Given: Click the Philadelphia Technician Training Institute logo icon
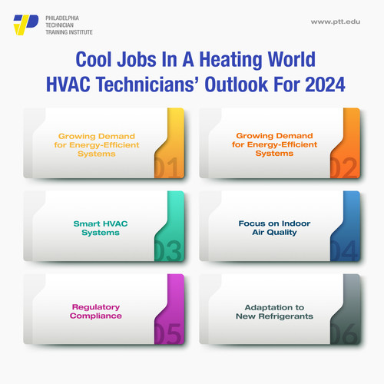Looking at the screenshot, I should click(26, 24).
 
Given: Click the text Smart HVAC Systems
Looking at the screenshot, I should click(91, 227).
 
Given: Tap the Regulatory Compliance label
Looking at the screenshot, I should click(91, 311).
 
